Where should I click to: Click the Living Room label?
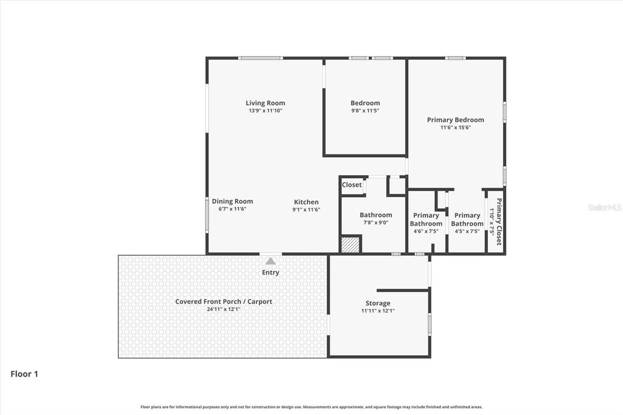pos(265,103)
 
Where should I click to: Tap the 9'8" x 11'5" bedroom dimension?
pos(365,111)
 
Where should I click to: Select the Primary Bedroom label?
pos(455,120)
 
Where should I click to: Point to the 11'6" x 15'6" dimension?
pos(455,127)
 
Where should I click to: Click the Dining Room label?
pos(232,201)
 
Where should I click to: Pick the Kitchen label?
pos(306,202)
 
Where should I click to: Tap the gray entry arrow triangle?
pos(270,260)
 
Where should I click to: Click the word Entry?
pos(271,272)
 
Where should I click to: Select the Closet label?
pos(352,184)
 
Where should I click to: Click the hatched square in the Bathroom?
pos(350,244)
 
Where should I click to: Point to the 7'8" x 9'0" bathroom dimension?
pos(375,222)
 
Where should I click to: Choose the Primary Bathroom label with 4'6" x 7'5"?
pos(426,219)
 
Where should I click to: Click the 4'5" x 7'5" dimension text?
pos(467,231)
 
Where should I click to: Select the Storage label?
pos(378,303)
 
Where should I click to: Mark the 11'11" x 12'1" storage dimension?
pos(378,310)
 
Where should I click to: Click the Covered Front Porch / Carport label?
pos(223,301)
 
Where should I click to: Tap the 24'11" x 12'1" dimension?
pos(223,309)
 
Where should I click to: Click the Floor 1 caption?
pos(24,374)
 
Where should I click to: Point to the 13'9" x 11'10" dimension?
pos(265,111)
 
